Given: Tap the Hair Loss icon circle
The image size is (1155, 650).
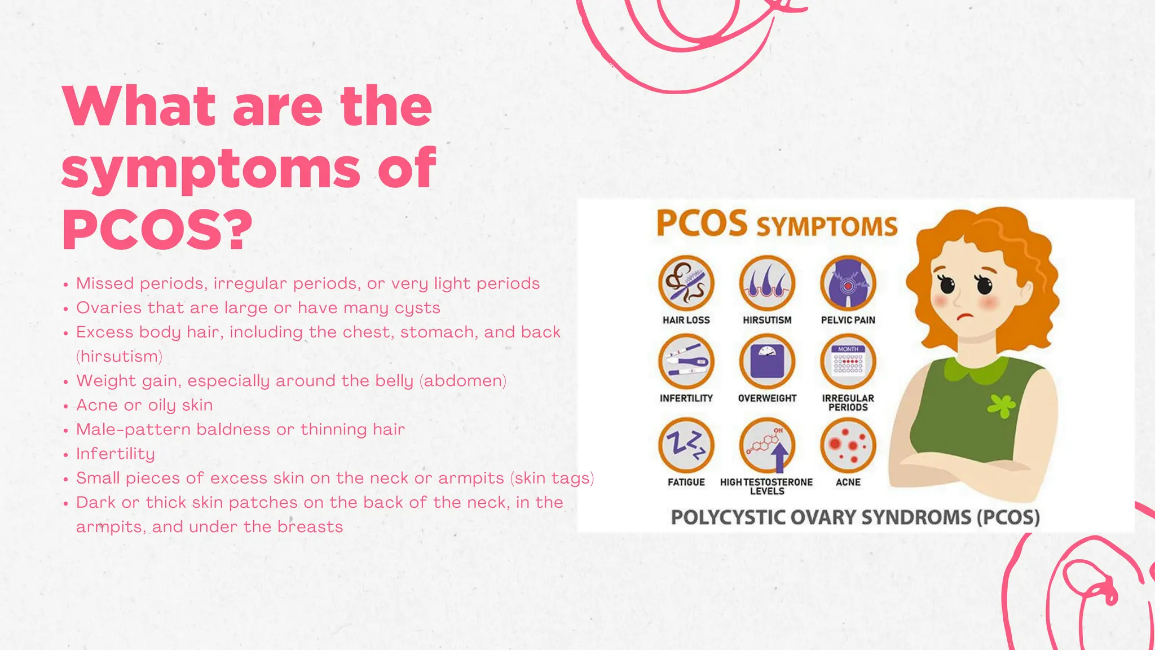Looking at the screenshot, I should pos(686,283).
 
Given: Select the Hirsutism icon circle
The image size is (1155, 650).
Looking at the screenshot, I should pos(767,283).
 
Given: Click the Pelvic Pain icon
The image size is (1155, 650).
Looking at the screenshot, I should pos(848,283).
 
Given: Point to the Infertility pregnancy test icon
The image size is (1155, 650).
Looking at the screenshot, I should pos(686,362).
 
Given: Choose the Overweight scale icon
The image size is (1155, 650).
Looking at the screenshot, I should pos(767,362).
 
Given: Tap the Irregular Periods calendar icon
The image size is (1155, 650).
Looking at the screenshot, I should pos(848,362).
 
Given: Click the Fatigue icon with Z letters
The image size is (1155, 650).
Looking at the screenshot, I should pos(686,445).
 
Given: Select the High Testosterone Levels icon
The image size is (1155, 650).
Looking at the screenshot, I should pos(767,445).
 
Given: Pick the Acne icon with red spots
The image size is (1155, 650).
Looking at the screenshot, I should pos(848,445).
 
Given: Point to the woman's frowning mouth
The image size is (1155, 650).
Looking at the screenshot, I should pos(966,316).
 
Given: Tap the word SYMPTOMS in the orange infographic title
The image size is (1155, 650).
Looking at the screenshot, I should pos(827,227).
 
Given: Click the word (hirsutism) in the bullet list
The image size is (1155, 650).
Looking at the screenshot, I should pos(119,357).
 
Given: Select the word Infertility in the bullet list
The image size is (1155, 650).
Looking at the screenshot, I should pos(116,454).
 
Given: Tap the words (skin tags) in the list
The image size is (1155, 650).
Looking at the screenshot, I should pos(552,478).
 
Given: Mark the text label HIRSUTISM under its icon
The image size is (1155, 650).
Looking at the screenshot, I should pos(767,320).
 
